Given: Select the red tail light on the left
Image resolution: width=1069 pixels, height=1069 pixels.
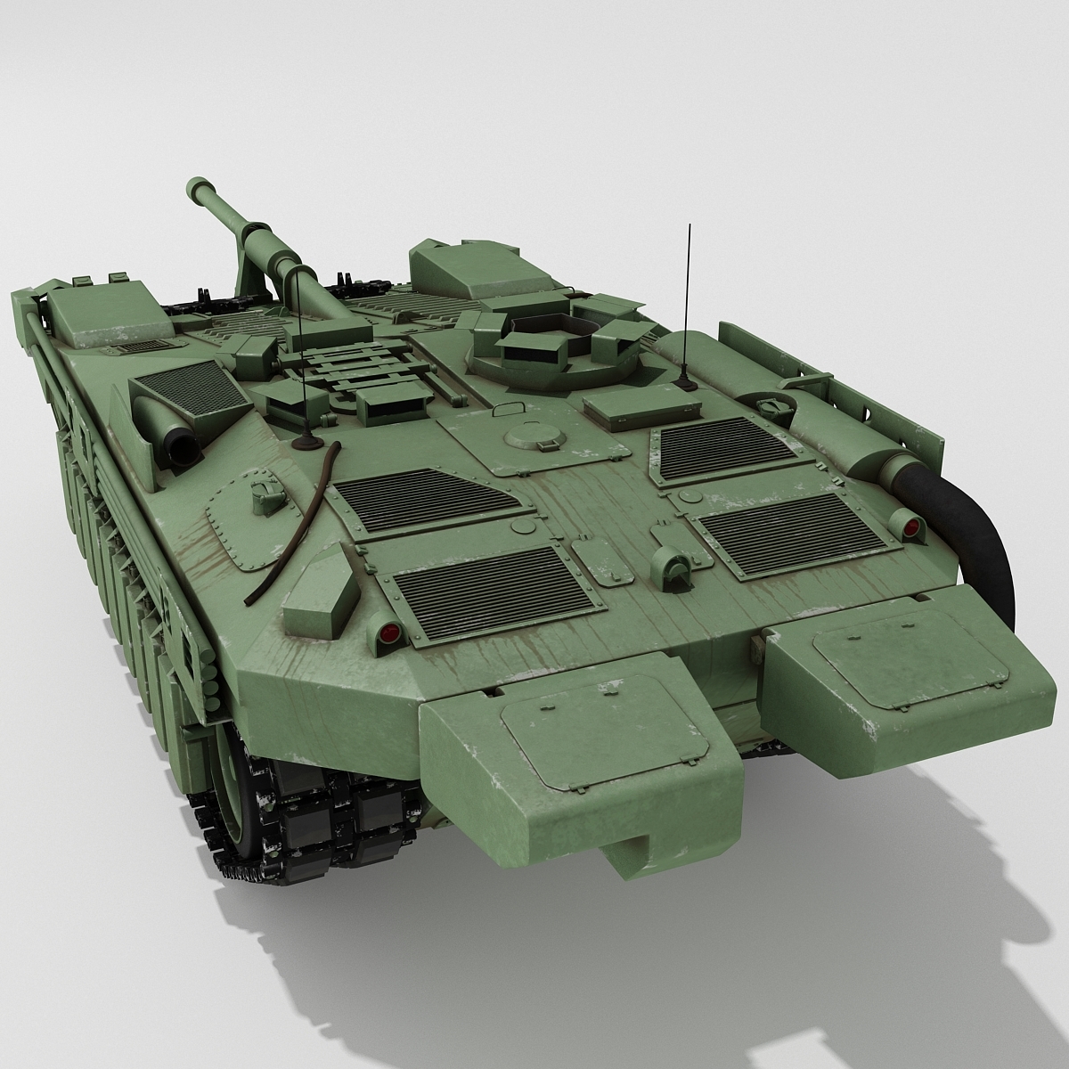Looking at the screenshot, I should pyautogui.click(x=388, y=633).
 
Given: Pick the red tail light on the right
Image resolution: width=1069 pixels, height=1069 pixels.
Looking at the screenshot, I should pyautogui.click(x=910, y=528).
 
